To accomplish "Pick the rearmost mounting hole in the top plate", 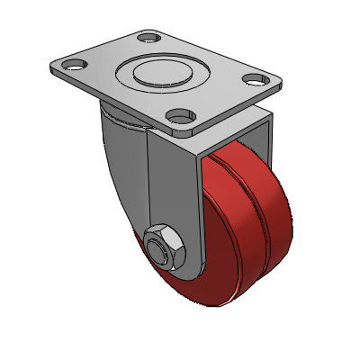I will tap(147, 38).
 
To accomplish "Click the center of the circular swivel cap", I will tap(163, 72).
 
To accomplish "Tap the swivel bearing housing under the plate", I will tap(121, 114).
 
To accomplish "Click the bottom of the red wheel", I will tap(225, 303).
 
